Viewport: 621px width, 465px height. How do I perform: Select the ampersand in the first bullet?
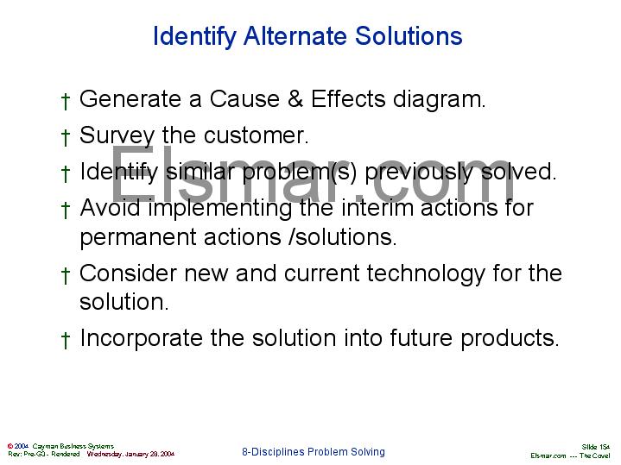click(295, 99)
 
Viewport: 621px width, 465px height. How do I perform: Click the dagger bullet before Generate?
click(66, 101)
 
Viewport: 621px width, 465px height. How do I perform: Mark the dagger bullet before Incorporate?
click(66, 339)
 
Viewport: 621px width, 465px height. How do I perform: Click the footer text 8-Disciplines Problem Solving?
click(313, 451)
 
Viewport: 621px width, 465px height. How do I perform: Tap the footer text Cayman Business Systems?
click(73, 446)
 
